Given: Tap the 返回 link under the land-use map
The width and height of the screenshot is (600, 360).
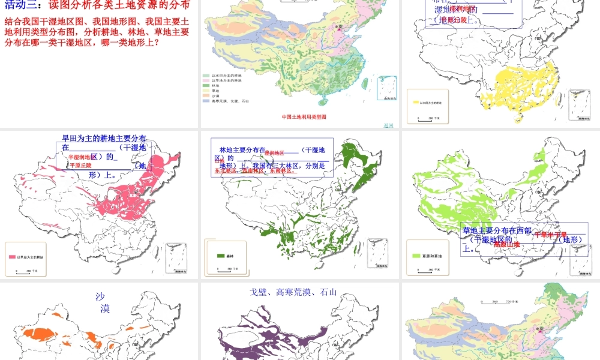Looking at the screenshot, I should click(388, 125).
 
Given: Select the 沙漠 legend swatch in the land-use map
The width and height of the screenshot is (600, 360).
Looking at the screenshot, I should click(207, 95).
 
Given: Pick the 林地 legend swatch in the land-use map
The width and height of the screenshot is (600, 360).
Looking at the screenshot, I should click(207, 85).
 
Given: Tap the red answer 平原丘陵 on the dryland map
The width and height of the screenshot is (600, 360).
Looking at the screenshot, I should click(81, 165).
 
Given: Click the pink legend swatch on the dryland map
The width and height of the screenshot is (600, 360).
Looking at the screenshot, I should click(12, 257).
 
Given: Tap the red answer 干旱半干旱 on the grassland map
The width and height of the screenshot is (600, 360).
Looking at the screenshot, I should click(550, 235).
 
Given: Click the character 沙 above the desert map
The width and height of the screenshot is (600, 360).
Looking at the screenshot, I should click(101, 296).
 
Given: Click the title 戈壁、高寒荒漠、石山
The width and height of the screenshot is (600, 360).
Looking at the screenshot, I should click(293, 293).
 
